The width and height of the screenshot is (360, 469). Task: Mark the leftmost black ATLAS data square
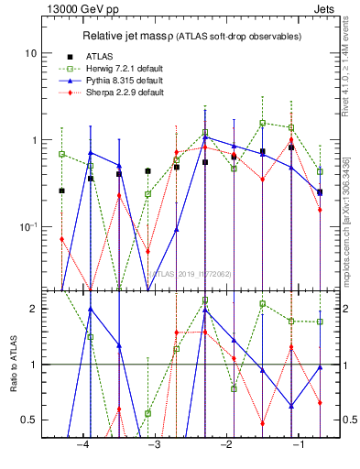61,191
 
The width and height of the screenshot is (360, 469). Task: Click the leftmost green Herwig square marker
61,154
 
